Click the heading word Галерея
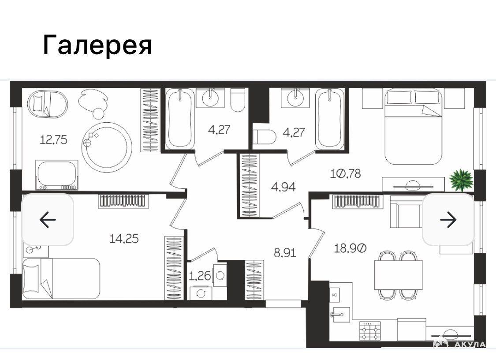[97, 45]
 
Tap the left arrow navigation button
[48, 219]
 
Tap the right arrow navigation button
[448, 219]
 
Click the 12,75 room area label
[53, 139]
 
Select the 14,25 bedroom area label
[124, 238]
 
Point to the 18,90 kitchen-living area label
[350, 248]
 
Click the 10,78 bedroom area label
[345, 173]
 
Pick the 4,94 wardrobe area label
[283, 187]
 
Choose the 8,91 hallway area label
[285, 253]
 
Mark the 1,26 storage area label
[200, 276]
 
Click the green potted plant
[461, 180]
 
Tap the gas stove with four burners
[370, 331]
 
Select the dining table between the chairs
[399, 275]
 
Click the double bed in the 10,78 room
[413, 126]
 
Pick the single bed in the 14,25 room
[61, 278]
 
